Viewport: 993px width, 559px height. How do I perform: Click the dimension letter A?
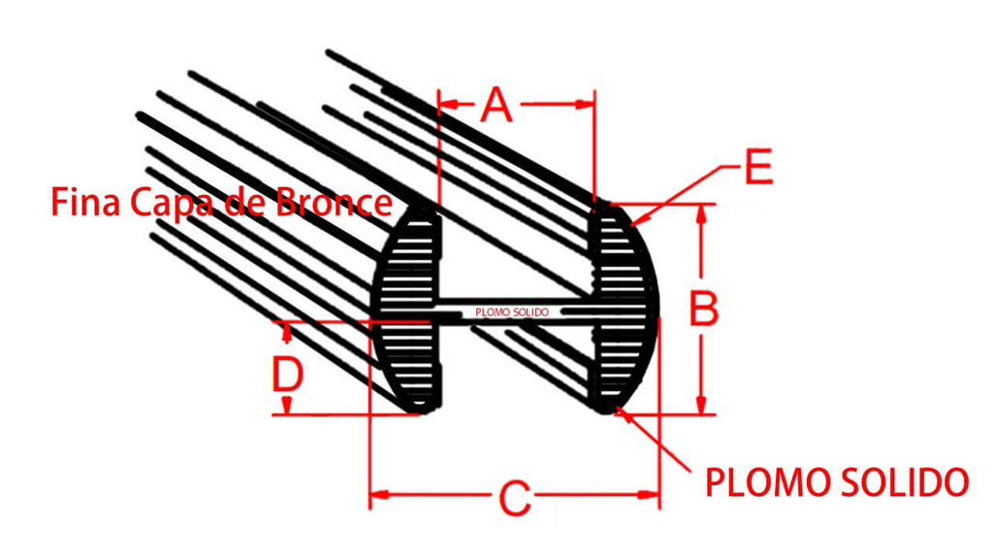coord(496,105)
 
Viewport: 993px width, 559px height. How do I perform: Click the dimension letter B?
coord(703,309)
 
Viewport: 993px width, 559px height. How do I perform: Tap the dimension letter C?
coord(515,498)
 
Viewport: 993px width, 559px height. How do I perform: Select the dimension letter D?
coord(288,374)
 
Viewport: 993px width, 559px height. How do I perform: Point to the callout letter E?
coord(758,167)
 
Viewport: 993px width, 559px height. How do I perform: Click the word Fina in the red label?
coord(85,202)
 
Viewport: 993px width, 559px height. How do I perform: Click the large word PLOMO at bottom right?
coord(766,482)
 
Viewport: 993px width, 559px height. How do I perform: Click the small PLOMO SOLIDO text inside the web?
coord(512,312)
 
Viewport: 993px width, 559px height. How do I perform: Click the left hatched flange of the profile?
coord(406,309)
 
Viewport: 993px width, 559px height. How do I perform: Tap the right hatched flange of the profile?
coord(624,309)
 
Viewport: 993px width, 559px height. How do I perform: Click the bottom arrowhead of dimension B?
coord(700,405)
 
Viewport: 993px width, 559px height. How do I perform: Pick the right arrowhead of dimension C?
coord(650,494)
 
